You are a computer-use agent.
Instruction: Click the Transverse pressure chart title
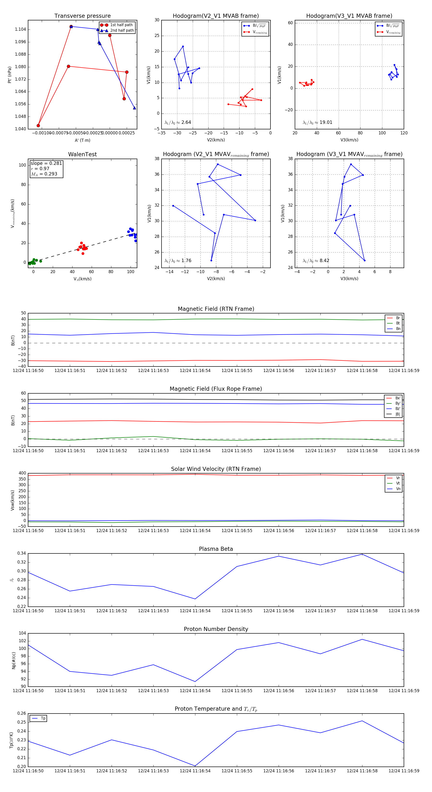pyautogui.click(x=82, y=16)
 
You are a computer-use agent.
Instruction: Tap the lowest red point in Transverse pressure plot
pyautogui.click(x=38, y=126)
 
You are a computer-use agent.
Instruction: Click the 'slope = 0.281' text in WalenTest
pyautogui.click(x=46, y=163)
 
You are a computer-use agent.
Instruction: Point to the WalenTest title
pyautogui.click(x=82, y=154)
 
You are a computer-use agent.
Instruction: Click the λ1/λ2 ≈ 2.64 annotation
pyautogui.click(x=178, y=122)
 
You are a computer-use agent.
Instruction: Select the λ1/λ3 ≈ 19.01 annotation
pyautogui.click(x=317, y=122)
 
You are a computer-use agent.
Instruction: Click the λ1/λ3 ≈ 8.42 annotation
pyautogui.click(x=316, y=261)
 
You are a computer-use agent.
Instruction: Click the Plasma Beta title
pyautogui.click(x=216, y=549)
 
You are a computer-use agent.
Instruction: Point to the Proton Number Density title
pyautogui.click(x=216, y=629)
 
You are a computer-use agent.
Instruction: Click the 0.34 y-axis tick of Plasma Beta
pyautogui.click(x=22, y=553)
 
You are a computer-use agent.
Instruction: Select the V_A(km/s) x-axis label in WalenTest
pyautogui.click(x=82, y=279)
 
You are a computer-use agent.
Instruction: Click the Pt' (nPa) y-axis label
pyautogui.click(x=10, y=75)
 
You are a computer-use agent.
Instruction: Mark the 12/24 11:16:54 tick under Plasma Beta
pyautogui.click(x=195, y=611)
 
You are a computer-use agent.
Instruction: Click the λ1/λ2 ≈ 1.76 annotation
pyautogui.click(x=178, y=261)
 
